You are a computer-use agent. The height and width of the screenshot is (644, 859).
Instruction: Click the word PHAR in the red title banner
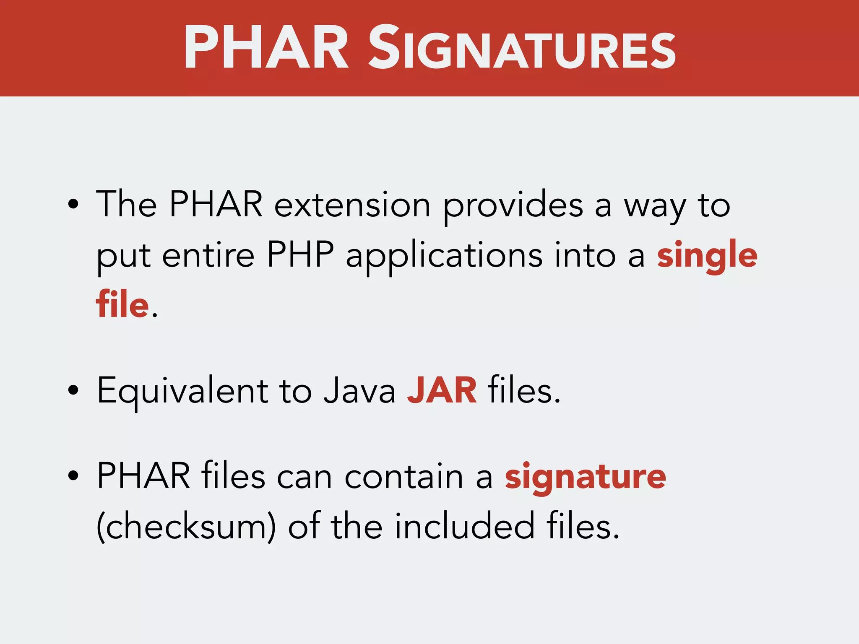coord(266,47)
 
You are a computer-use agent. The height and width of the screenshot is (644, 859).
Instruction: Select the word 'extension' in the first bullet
coord(352,205)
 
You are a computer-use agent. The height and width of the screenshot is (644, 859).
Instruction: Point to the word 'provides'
coord(513,205)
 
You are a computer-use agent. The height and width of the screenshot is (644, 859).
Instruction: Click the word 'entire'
coord(208,255)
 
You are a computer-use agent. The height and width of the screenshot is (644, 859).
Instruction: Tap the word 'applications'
coord(444,256)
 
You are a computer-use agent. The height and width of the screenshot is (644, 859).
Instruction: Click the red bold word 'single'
coord(707,256)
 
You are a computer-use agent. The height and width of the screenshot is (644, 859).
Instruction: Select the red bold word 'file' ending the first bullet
coord(122,304)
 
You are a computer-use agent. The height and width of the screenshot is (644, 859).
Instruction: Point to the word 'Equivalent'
coord(182,391)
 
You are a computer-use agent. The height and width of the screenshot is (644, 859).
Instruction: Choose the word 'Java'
coord(359,391)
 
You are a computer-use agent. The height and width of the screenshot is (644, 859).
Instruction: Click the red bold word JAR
coord(442,391)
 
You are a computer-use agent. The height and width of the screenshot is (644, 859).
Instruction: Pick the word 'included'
coord(464,527)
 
